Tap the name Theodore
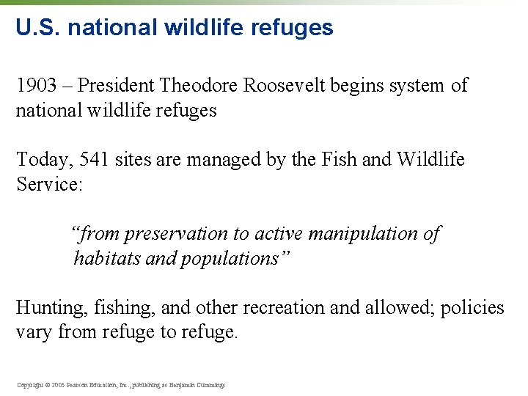coord(199,86)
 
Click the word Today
coord(40,159)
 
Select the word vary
coord(32,332)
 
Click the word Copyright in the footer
coord(30,384)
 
